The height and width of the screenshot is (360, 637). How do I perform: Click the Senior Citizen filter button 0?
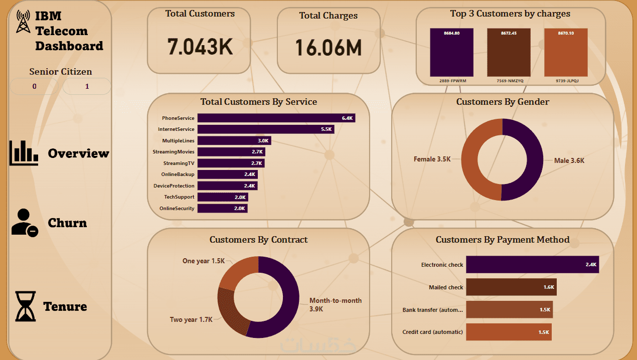(34, 87)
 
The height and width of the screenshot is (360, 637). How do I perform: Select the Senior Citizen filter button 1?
(87, 87)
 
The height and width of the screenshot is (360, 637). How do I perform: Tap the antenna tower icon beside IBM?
(23, 22)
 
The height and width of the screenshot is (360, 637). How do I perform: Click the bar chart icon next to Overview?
(24, 153)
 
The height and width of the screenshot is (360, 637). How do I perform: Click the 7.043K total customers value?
(200, 46)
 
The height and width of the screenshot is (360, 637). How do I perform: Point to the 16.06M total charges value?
(328, 47)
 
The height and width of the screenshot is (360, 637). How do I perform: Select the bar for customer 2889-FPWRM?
(451, 52)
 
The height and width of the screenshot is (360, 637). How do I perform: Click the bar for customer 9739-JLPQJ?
(566, 52)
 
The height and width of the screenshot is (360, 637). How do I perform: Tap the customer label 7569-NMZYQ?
(509, 80)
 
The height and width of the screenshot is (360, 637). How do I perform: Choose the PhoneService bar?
(276, 118)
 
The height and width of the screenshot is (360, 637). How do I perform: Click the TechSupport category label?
(179, 197)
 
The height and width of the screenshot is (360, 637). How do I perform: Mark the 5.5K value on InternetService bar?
(326, 129)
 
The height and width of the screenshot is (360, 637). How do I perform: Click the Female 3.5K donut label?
(432, 159)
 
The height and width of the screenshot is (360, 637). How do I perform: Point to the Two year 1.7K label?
(191, 319)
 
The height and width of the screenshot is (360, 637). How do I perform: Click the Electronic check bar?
(532, 265)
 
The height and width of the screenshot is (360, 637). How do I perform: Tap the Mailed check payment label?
(446, 287)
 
